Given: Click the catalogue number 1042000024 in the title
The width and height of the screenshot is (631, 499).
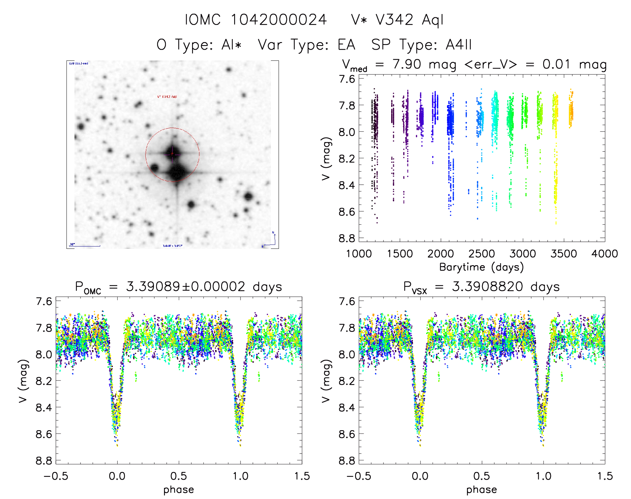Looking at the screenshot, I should [x=279, y=20].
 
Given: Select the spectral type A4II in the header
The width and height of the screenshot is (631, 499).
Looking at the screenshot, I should [x=459, y=45].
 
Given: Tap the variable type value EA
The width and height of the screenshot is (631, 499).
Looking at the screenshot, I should [x=346, y=45].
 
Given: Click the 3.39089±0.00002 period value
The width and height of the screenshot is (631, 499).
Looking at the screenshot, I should [x=185, y=287].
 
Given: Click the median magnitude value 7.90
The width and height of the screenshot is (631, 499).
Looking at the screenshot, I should [x=407, y=64].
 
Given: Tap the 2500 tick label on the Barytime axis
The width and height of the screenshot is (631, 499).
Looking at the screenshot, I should [x=482, y=254].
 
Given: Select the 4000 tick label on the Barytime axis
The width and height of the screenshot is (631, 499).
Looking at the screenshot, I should [x=605, y=254].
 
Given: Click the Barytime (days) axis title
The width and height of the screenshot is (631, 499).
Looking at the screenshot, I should [x=481, y=267].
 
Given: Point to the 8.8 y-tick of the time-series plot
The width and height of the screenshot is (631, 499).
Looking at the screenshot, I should [x=347, y=238].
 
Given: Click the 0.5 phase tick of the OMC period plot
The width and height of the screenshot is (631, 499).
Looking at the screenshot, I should [x=179, y=476].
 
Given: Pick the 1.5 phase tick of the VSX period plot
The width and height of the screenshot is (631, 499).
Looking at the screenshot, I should [x=605, y=476].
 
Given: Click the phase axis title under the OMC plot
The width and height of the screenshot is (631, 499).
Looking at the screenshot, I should [x=179, y=490].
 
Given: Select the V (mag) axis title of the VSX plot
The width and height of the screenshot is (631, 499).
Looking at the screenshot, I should [x=326, y=381].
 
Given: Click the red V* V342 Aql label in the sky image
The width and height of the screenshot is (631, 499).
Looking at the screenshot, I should [x=167, y=97].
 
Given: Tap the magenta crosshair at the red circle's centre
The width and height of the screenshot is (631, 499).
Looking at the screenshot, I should [x=172, y=154].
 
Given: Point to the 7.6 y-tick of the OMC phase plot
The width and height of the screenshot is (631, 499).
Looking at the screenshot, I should [x=44, y=301].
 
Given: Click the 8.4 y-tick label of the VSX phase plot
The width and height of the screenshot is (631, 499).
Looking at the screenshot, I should [x=347, y=407].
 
